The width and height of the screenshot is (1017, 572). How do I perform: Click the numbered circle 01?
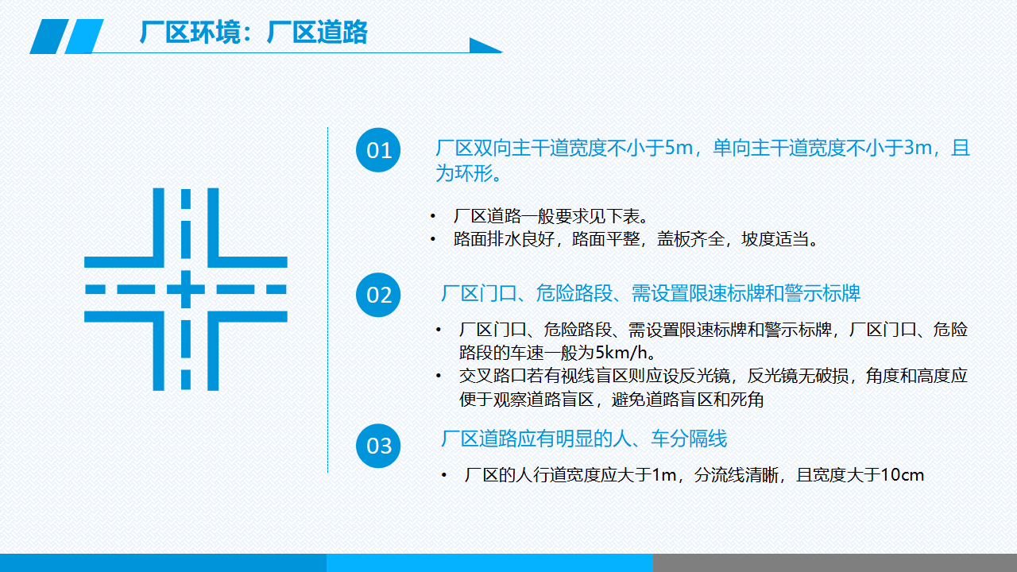pos(378,150)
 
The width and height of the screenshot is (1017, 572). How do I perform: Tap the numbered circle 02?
pos(378,295)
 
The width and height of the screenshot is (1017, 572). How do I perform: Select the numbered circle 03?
pos(378,446)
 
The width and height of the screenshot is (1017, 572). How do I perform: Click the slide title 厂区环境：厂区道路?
pos(253,32)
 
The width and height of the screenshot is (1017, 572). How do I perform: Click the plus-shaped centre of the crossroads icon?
pos(186,289)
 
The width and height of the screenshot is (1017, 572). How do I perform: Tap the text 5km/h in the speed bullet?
pos(621,352)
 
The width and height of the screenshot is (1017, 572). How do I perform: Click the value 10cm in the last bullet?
pos(902,475)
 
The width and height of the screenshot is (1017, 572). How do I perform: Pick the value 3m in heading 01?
pos(918,148)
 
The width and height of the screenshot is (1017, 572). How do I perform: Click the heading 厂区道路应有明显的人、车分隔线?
pos(584,439)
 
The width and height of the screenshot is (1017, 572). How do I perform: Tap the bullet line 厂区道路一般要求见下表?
pos(551,216)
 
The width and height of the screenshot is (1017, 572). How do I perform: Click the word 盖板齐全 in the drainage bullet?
pos(690,239)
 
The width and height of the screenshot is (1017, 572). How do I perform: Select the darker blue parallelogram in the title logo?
pos(49,37)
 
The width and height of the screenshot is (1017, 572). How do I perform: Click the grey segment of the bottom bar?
pos(835,563)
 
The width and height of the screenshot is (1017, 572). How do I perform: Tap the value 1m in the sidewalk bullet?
pos(663,475)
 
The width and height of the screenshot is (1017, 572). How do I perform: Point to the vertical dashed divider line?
pos(328,300)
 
